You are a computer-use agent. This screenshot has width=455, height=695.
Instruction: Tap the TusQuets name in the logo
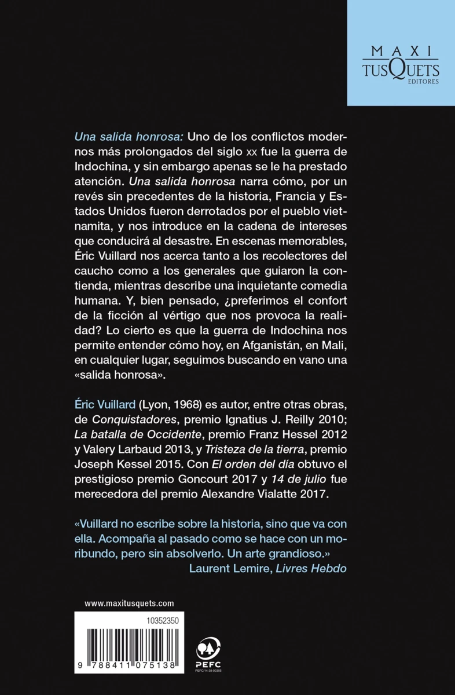coord(400,70)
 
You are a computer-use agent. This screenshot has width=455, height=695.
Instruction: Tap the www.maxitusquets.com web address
coord(129,603)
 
